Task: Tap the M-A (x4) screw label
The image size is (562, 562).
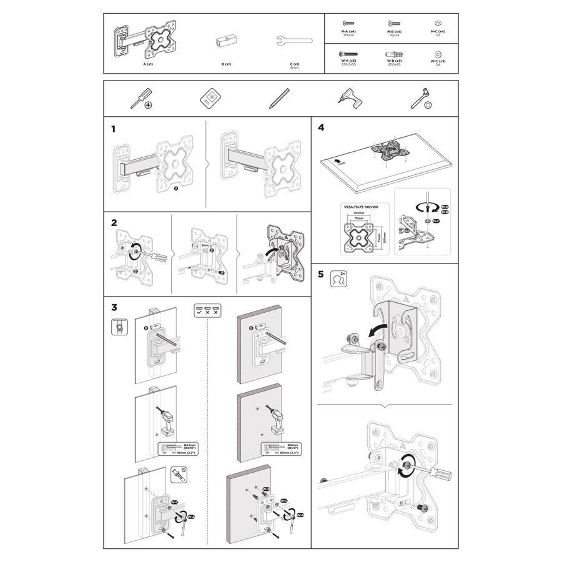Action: pos(348,31)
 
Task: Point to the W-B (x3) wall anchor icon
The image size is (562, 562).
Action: pos(392,54)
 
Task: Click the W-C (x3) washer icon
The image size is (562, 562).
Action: pos(436,54)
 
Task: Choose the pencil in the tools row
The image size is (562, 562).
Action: pos(279,98)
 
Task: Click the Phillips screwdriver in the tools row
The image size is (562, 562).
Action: pos(140,99)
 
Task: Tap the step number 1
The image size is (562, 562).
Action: pos(114,129)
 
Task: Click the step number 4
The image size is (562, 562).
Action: pos(321,128)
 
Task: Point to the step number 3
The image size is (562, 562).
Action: pos(114,307)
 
